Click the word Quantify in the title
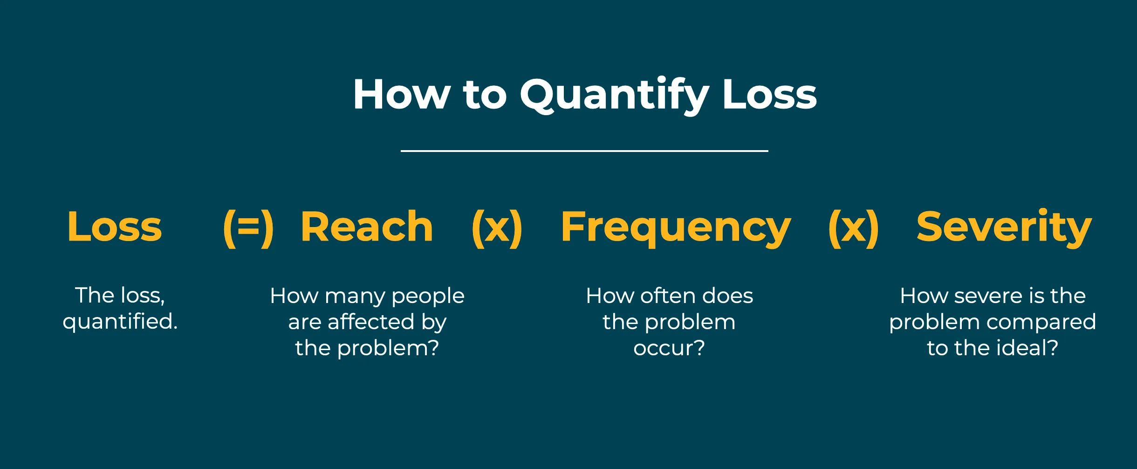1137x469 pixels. [615, 96]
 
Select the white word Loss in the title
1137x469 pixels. [769, 94]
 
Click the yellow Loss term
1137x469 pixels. [115, 227]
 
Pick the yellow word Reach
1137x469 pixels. [367, 227]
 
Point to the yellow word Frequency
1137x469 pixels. [676, 228]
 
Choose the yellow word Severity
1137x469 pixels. [1004, 228]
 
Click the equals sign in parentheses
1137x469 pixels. [248, 228]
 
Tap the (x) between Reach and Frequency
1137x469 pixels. [497, 228]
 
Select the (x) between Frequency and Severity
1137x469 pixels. [854, 228]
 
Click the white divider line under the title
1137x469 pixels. [584, 151]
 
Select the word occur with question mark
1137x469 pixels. [669, 348]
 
